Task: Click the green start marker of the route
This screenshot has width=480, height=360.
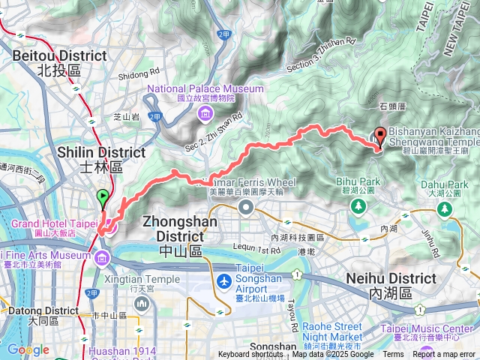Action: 103,199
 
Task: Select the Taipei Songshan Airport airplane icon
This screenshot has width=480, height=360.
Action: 223,281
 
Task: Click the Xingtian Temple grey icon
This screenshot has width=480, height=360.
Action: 142,303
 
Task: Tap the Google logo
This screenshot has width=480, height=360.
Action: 28,350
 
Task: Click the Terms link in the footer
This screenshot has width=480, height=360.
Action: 392,355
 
